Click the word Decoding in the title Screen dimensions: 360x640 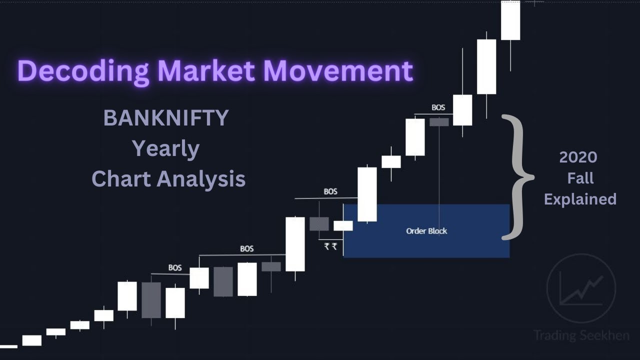click(x=83, y=71)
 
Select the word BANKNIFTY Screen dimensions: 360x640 click(x=166, y=118)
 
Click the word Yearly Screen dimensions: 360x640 click(x=166, y=148)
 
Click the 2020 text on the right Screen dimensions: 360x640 click(x=578, y=157)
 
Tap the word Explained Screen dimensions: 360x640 click(x=580, y=199)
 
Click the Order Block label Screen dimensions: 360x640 click(x=426, y=231)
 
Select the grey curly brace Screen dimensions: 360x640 click(x=517, y=177)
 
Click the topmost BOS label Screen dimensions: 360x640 click(x=438, y=107)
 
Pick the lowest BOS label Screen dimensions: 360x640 click(x=175, y=267)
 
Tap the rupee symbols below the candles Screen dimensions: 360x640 click(x=330, y=246)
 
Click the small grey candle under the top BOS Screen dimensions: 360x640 click(x=439, y=122)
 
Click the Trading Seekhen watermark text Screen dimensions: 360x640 click(x=581, y=335)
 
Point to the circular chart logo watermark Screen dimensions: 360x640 click(x=581, y=288)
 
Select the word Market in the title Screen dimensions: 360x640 click(x=207, y=71)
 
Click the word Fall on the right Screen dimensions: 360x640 click(x=580, y=178)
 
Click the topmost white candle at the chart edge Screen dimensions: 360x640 click(x=510, y=20)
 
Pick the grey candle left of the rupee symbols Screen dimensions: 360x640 click(x=319, y=223)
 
